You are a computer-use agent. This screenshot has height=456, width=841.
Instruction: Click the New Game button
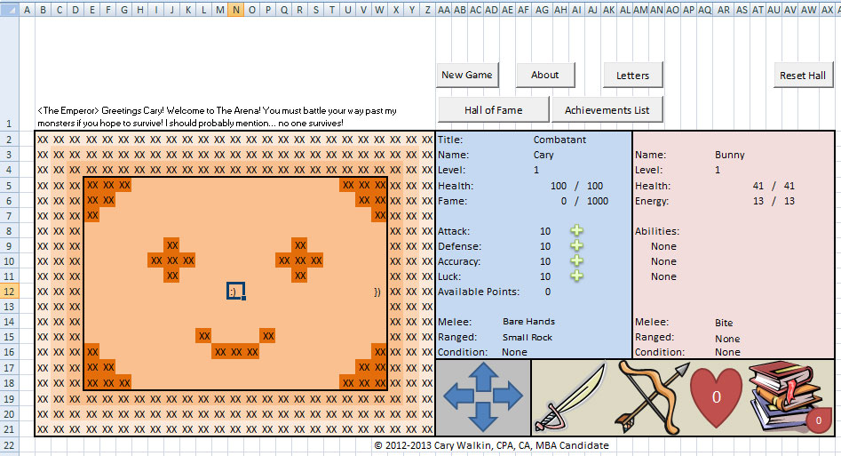(467, 75)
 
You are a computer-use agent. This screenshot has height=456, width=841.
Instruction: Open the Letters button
(633, 76)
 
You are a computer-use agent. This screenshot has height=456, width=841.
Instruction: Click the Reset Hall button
(803, 76)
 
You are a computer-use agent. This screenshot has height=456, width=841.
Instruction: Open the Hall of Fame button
(494, 109)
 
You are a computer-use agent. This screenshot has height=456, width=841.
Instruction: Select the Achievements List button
(607, 109)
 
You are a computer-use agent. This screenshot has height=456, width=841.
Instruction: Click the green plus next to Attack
(576, 231)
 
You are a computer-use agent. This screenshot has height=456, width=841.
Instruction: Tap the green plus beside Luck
(576, 276)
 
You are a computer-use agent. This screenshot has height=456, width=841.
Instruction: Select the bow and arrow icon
(653, 397)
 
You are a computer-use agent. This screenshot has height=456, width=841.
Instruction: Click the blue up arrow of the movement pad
(484, 376)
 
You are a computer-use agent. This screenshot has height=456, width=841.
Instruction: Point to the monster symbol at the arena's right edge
(377, 292)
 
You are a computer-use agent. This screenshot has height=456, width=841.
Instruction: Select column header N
(236, 9)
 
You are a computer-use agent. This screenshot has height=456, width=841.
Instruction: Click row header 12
(9, 292)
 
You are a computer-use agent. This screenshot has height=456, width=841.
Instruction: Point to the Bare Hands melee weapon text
(528, 321)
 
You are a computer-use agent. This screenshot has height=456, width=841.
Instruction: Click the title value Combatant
(559, 140)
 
